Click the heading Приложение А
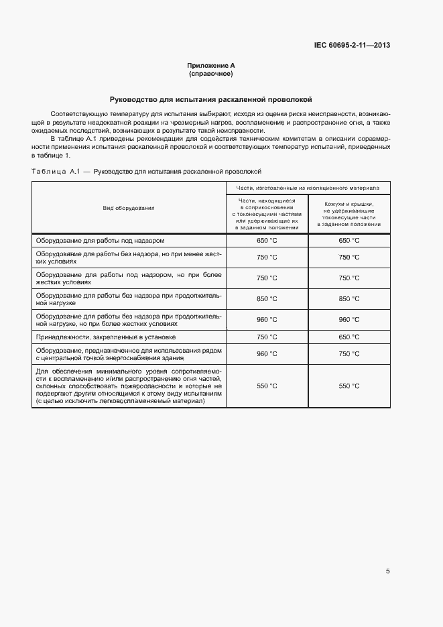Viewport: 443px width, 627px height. pos(211,66)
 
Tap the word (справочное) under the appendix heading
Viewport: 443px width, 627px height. pos(211,73)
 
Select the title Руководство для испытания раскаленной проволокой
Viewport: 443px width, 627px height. pos(211,99)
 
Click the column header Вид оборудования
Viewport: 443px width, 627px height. pos(129,208)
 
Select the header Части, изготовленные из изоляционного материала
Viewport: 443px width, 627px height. pos(308,188)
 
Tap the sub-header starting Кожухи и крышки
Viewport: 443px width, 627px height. pos(349,214)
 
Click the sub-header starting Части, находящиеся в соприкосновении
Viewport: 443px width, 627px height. pos(267,214)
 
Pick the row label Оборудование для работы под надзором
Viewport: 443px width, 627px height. pos(100,240)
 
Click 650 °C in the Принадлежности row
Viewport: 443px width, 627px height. pos(349,337)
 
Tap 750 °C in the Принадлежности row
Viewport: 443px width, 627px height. pos(267,337)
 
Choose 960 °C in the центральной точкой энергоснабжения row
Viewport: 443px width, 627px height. pos(267,353)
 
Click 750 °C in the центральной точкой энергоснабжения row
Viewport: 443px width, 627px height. pos(349,353)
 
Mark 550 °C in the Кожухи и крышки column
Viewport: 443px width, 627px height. pos(349,386)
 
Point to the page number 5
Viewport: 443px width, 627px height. pos(387,571)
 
